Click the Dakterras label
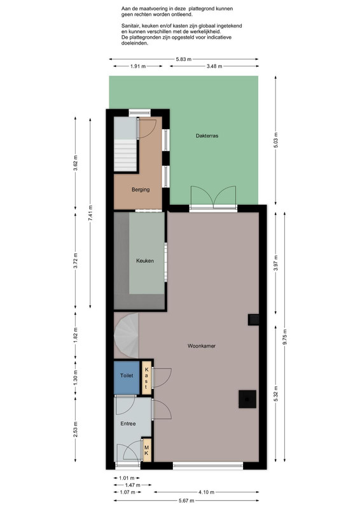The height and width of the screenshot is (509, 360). (x=207, y=136)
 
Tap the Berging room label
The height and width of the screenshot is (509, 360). (x=141, y=190)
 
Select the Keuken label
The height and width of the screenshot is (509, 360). (x=145, y=261)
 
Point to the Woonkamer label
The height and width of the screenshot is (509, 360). (x=201, y=346)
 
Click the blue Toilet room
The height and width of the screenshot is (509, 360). (x=127, y=377)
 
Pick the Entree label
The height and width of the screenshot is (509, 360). (x=128, y=424)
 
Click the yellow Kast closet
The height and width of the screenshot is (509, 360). (x=147, y=378)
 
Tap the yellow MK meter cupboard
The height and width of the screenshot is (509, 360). (x=147, y=450)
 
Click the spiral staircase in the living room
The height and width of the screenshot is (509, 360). (x=127, y=336)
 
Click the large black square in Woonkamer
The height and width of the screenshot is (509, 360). (x=247, y=399)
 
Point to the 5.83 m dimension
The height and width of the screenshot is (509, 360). (x=184, y=59)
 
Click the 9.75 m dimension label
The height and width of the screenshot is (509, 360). (x=285, y=337)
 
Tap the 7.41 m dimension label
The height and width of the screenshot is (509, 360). (x=90, y=213)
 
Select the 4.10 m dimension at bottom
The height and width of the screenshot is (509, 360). (x=206, y=492)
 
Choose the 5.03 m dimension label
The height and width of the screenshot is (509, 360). (x=275, y=140)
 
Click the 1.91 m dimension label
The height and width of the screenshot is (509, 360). (x=138, y=66)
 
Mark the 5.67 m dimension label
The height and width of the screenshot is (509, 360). (x=186, y=501)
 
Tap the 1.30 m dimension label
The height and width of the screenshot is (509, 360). (x=75, y=378)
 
